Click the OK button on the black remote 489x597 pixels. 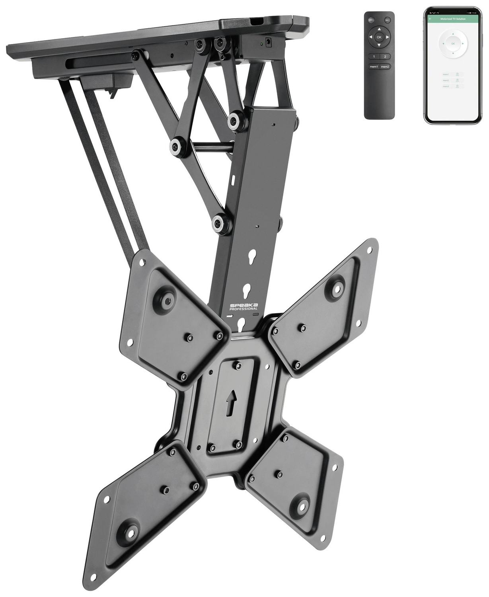[379, 37]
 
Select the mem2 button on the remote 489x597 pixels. [385, 66]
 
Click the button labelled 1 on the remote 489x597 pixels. [374, 57]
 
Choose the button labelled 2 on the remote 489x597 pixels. [385, 57]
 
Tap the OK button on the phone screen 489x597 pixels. [452, 44]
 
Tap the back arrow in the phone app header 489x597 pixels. [430, 19]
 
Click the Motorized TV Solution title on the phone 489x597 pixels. [452, 19]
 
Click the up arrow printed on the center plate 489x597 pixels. [230, 405]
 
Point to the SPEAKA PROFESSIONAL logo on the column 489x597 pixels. [244, 306]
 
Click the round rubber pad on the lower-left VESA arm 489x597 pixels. [131, 532]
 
